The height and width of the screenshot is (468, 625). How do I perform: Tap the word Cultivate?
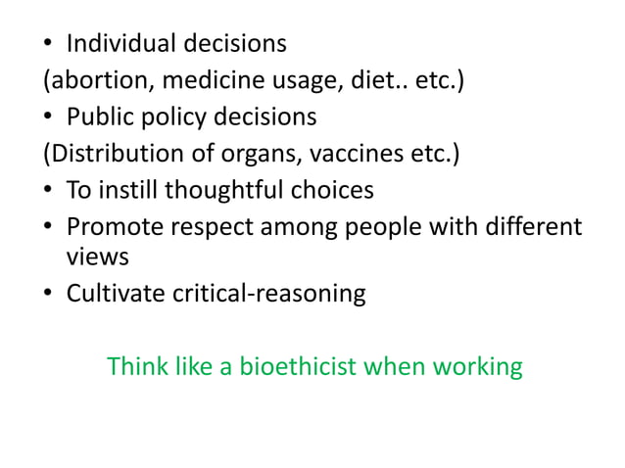(111, 293)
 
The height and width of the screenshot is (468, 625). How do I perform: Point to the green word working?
(475, 367)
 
